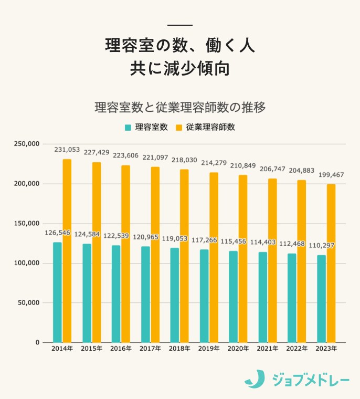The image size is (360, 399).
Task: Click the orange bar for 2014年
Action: coord(67,250)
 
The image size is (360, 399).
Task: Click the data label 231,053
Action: coord(67,150)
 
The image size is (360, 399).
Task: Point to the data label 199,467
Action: coord(331,175)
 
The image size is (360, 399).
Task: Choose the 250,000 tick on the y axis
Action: coord(26,144)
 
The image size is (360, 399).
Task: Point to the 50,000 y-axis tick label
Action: coord(28,303)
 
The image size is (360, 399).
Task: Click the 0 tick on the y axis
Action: coord(37,342)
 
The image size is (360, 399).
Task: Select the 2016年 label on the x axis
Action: coord(121,349)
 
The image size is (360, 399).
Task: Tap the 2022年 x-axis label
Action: coord(297,349)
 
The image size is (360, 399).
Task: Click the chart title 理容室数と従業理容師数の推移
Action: coord(180,107)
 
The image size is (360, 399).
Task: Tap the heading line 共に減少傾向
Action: coord(180,69)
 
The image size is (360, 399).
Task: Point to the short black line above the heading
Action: coord(180,25)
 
